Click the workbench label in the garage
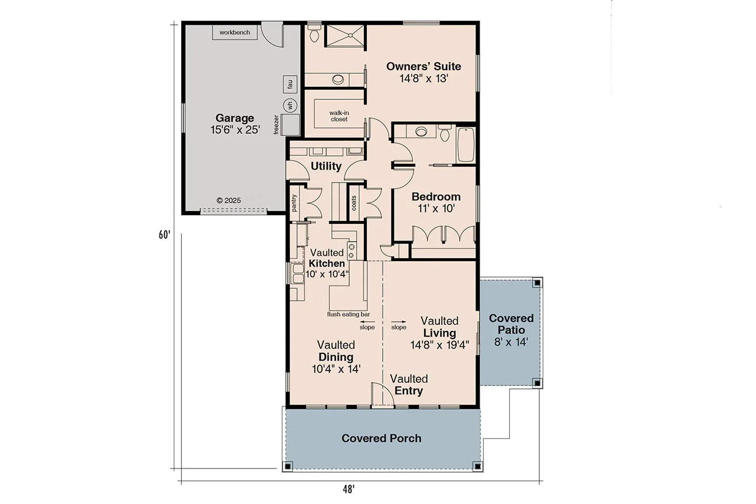pyautogui.click(x=234, y=32)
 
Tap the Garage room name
pyautogui.click(x=234, y=118)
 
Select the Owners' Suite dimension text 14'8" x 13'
pyautogui.click(x=423, y=78)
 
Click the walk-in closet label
pyautogui.click(x=339, y=116)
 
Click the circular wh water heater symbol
pyautogui.click(x=290, y=106)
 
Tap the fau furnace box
pyautogui.click(x=290, y=84)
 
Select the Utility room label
pyautogui.click(x=326, y=166)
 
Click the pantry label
pyautogui.click(x=294, y=203)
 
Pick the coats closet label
pyautogui.click(x=354, y=203)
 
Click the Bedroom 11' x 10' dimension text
pyautogui.click(x=436, y=209)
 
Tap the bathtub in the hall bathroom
pyautogui.click(x=465, y=145)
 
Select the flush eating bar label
pyautogui.click(x=348, y=314)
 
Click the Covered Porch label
pyautogui.click(x=382, y=438)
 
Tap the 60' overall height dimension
pyautogui.click(x=164, y=235)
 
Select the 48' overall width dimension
pyautogui.click(x=348, y=489)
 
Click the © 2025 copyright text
pyautogui.click(x=229, y=200)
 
